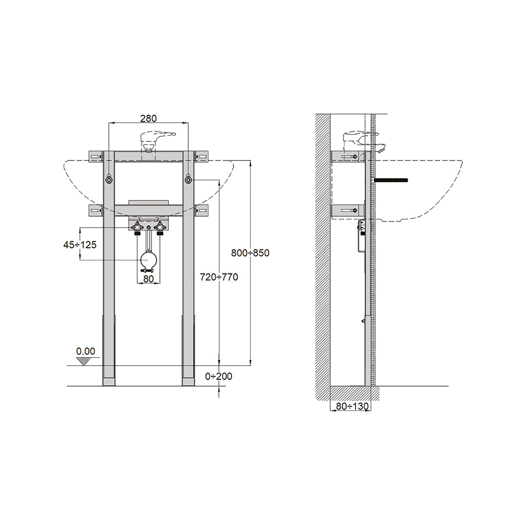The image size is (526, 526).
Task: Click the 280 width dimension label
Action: point(148,118)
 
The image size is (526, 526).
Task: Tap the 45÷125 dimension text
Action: point(80,245)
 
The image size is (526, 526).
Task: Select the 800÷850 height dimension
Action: point(250,253)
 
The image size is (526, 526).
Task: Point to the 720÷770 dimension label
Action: point(219,277)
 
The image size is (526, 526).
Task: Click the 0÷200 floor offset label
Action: point(219,377)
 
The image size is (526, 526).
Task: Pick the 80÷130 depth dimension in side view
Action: point(352,406)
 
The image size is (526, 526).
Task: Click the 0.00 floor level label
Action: point(86,351)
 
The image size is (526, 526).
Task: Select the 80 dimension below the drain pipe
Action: point(148,279)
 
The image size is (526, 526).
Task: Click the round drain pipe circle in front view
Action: point(148,260)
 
